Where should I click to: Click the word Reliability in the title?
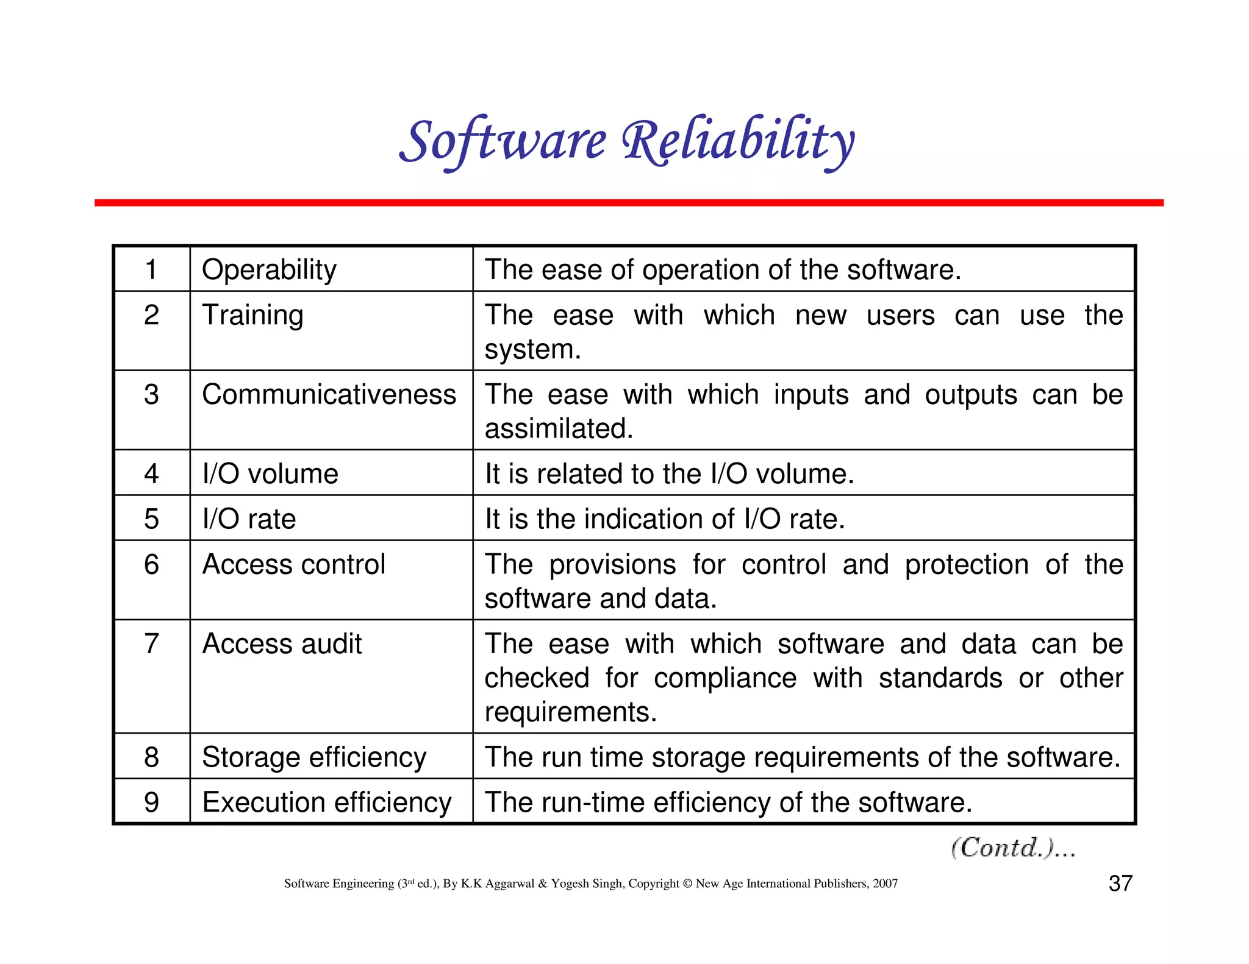[738, 141]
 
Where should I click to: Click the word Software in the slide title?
[503, 141]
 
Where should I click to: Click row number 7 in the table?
[151, 644]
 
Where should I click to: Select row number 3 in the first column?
[151, 394]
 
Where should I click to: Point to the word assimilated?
[559, 428]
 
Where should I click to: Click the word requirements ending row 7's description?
[570, 712]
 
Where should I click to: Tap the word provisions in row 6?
[612, 564]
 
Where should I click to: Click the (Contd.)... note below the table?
[1012, 848]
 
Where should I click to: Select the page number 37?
[1120, 883]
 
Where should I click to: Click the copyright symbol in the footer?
[687, 884]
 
